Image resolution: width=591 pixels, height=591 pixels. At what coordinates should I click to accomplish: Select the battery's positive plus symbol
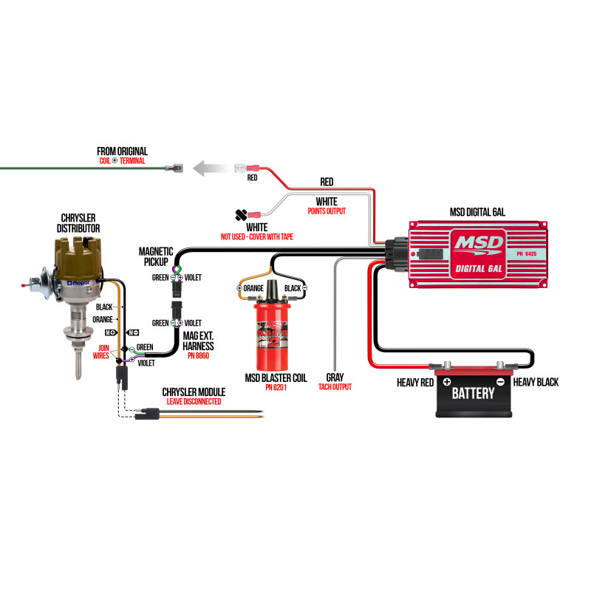447,382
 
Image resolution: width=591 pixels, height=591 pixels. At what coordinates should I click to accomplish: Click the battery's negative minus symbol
500,382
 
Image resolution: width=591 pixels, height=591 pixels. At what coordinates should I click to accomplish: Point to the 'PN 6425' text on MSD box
527,253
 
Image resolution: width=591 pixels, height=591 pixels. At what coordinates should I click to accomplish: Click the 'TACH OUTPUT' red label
335,386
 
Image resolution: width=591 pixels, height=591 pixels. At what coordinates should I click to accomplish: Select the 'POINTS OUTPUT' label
327,211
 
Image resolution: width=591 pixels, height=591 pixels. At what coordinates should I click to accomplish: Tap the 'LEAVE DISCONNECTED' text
194,401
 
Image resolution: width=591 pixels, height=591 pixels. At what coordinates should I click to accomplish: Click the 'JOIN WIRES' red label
101,352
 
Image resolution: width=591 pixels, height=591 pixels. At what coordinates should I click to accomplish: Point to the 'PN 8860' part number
198,355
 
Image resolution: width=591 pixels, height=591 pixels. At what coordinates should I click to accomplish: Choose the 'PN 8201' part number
276,387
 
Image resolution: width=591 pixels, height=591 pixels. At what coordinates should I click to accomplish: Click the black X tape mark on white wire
242,215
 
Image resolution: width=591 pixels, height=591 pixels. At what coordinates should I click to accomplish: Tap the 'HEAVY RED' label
415,383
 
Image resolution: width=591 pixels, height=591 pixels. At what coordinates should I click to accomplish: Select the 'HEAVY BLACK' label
536,382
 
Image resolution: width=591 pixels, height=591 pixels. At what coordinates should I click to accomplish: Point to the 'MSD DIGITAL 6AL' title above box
477,212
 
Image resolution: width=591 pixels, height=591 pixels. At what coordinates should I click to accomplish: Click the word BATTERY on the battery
473,394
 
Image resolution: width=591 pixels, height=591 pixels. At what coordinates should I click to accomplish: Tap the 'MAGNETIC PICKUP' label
156,256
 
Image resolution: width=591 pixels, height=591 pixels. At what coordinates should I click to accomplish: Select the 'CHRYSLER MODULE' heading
194,392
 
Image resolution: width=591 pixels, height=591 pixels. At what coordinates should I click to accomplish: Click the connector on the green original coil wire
174,168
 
